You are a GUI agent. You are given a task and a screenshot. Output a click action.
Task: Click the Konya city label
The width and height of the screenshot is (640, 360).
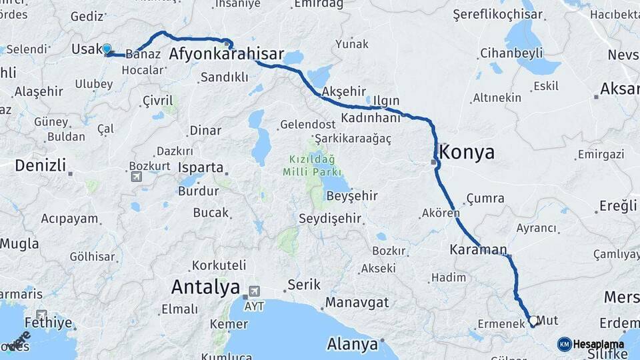click(x=468, y=153)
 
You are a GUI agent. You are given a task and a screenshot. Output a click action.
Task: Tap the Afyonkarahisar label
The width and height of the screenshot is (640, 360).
click(x=227, y=54)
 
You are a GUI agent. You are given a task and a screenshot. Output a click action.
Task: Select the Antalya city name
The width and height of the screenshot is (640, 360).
click(x=205, y=287)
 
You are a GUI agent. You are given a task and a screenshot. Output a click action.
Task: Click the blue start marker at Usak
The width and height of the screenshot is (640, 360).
click(x=107, y=49)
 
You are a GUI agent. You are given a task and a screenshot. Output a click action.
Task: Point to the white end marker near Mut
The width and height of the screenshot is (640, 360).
click(x=533, y=321)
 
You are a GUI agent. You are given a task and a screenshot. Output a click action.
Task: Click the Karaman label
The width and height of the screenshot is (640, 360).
click(x=478, y=249)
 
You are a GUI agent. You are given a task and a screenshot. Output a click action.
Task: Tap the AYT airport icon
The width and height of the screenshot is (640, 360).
click(x=253, y=292)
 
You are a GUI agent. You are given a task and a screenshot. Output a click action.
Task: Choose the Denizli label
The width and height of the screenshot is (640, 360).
click(x=41, y=165)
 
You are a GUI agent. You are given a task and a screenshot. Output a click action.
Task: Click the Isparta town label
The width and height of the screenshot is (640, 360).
click(x=201, y=167)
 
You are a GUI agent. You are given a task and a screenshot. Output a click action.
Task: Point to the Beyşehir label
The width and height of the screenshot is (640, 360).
click(x=352, y=196)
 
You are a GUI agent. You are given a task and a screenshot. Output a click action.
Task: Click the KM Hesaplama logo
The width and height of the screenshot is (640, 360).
click(x=591, y=344)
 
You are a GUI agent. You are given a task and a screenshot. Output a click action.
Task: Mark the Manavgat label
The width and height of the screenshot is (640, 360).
click(x=357, y=302)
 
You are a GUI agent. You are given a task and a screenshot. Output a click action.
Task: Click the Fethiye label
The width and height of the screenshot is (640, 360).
click(x=49, y=323)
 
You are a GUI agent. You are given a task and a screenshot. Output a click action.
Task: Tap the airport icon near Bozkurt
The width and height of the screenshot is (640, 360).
click(x=137, y=177)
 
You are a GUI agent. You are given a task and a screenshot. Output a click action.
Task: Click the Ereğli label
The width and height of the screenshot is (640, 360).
click(x=618, y=206)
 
